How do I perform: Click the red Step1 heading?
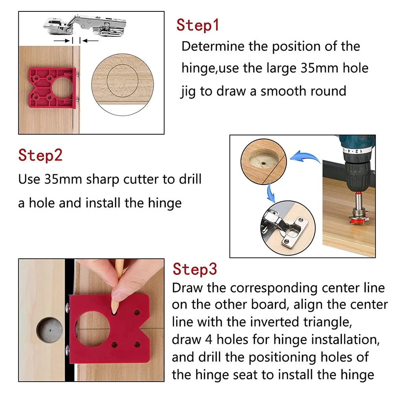point(197,25)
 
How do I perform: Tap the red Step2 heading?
point(40,155)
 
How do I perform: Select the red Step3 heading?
point(195,269)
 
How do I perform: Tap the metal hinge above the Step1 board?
point(84,26)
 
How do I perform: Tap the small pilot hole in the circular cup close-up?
point(263,163)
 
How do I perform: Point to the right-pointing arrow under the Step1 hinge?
point(62,40)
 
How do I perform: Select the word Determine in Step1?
point(212,46)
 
